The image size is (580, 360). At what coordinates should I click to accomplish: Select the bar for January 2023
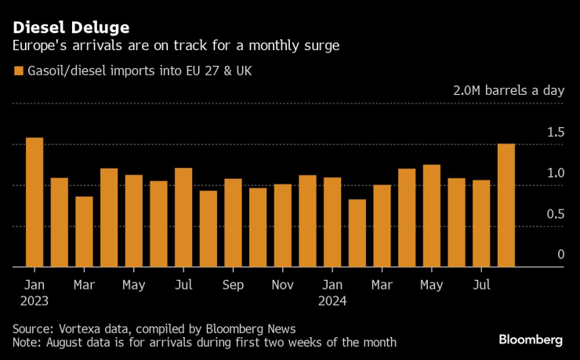[34, 202]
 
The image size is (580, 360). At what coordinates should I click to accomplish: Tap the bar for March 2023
[84, 231]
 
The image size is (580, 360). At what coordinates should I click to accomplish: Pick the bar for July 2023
[183, 217]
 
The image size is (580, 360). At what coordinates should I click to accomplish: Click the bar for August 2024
[506, 205]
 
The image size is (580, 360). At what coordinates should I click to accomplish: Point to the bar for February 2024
[357, 233]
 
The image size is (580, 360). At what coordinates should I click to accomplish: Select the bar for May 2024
[432, 216]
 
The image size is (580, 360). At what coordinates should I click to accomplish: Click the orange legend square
[19, 71]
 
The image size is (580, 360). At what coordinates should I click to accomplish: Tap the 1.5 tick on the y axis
[555, 132]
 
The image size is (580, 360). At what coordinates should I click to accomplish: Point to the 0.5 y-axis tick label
[555, 213]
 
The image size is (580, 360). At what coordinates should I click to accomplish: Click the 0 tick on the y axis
[560, 254]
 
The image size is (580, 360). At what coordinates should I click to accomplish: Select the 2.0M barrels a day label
[508, 90]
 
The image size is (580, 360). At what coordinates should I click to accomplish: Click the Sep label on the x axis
[233, 284]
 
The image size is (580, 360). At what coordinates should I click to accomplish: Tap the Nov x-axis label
[283, 284]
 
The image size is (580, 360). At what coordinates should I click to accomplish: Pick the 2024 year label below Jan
[333, 300]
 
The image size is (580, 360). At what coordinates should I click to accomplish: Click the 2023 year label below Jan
[34, 300]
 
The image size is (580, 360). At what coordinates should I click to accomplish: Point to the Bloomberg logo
[531, 340]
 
